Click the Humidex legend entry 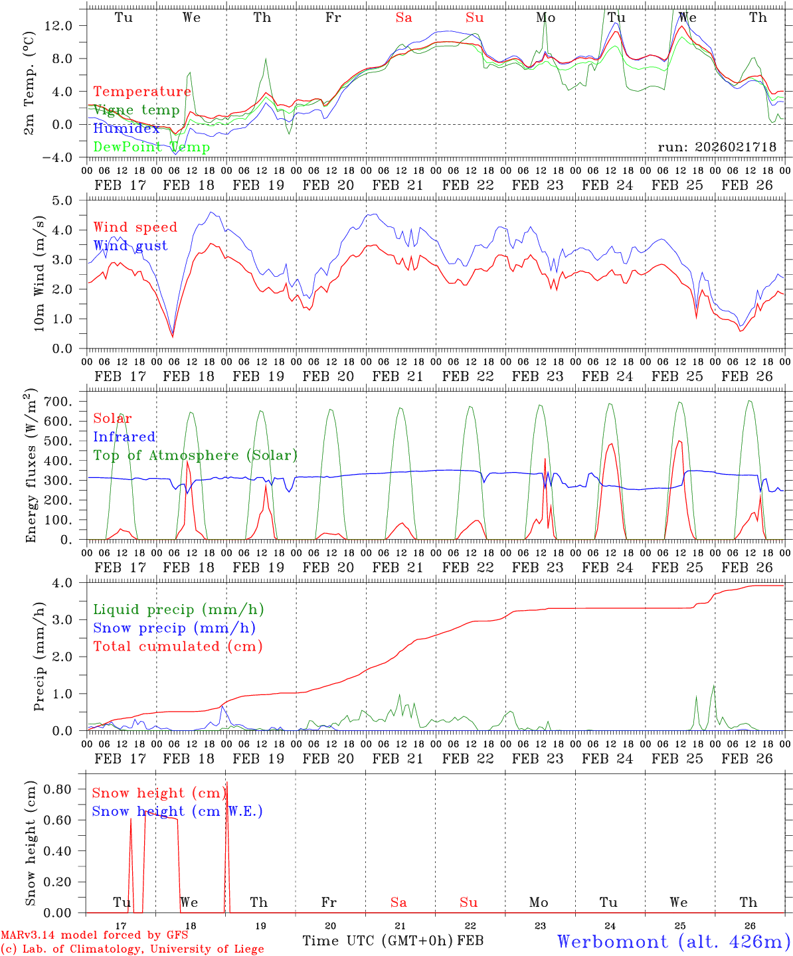point(127,128)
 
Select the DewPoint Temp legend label point(151,147)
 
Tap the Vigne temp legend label point(136,110)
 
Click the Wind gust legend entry point(130,246)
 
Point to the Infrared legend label point(124,437)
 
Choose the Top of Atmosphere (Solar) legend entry point(195,455)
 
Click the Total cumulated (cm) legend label point(178,646)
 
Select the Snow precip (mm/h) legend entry point(174,627)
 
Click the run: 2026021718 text point(717,147)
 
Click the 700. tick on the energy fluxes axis point(67,402)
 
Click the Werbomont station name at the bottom point(673,941)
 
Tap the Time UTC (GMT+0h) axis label point(378,941)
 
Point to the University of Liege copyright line point(132,949)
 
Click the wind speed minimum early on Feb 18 point(173,336)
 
